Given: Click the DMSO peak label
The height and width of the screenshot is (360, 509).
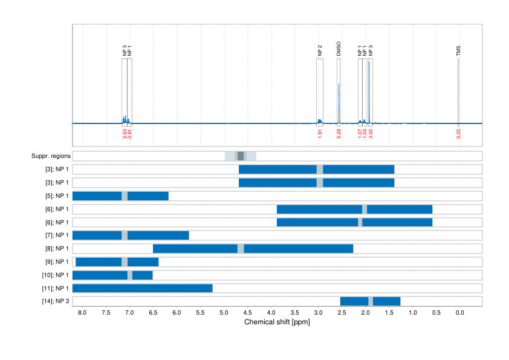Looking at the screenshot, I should [339, 49].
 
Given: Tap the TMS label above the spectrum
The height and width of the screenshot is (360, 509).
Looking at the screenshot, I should [458, 51].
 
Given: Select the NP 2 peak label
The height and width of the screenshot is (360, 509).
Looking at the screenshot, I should [320, 51].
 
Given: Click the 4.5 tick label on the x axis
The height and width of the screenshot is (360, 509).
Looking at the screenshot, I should [247, 313].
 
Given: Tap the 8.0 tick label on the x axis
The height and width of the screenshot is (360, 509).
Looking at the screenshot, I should [82, 313].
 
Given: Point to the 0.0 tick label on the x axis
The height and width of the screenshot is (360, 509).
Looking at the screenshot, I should [459, 313].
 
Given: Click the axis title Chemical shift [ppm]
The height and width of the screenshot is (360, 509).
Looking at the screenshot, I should [277, 322].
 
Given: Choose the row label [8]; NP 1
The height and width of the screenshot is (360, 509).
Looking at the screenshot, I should [54, 249].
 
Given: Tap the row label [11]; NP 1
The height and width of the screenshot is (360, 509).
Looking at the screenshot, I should [54, 288].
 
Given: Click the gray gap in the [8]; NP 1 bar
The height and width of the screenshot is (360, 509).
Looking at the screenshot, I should [241, 249].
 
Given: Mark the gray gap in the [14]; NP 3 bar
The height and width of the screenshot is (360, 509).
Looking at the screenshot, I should [371, 301].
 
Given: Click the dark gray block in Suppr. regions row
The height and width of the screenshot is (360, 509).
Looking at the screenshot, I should [241, 156].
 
